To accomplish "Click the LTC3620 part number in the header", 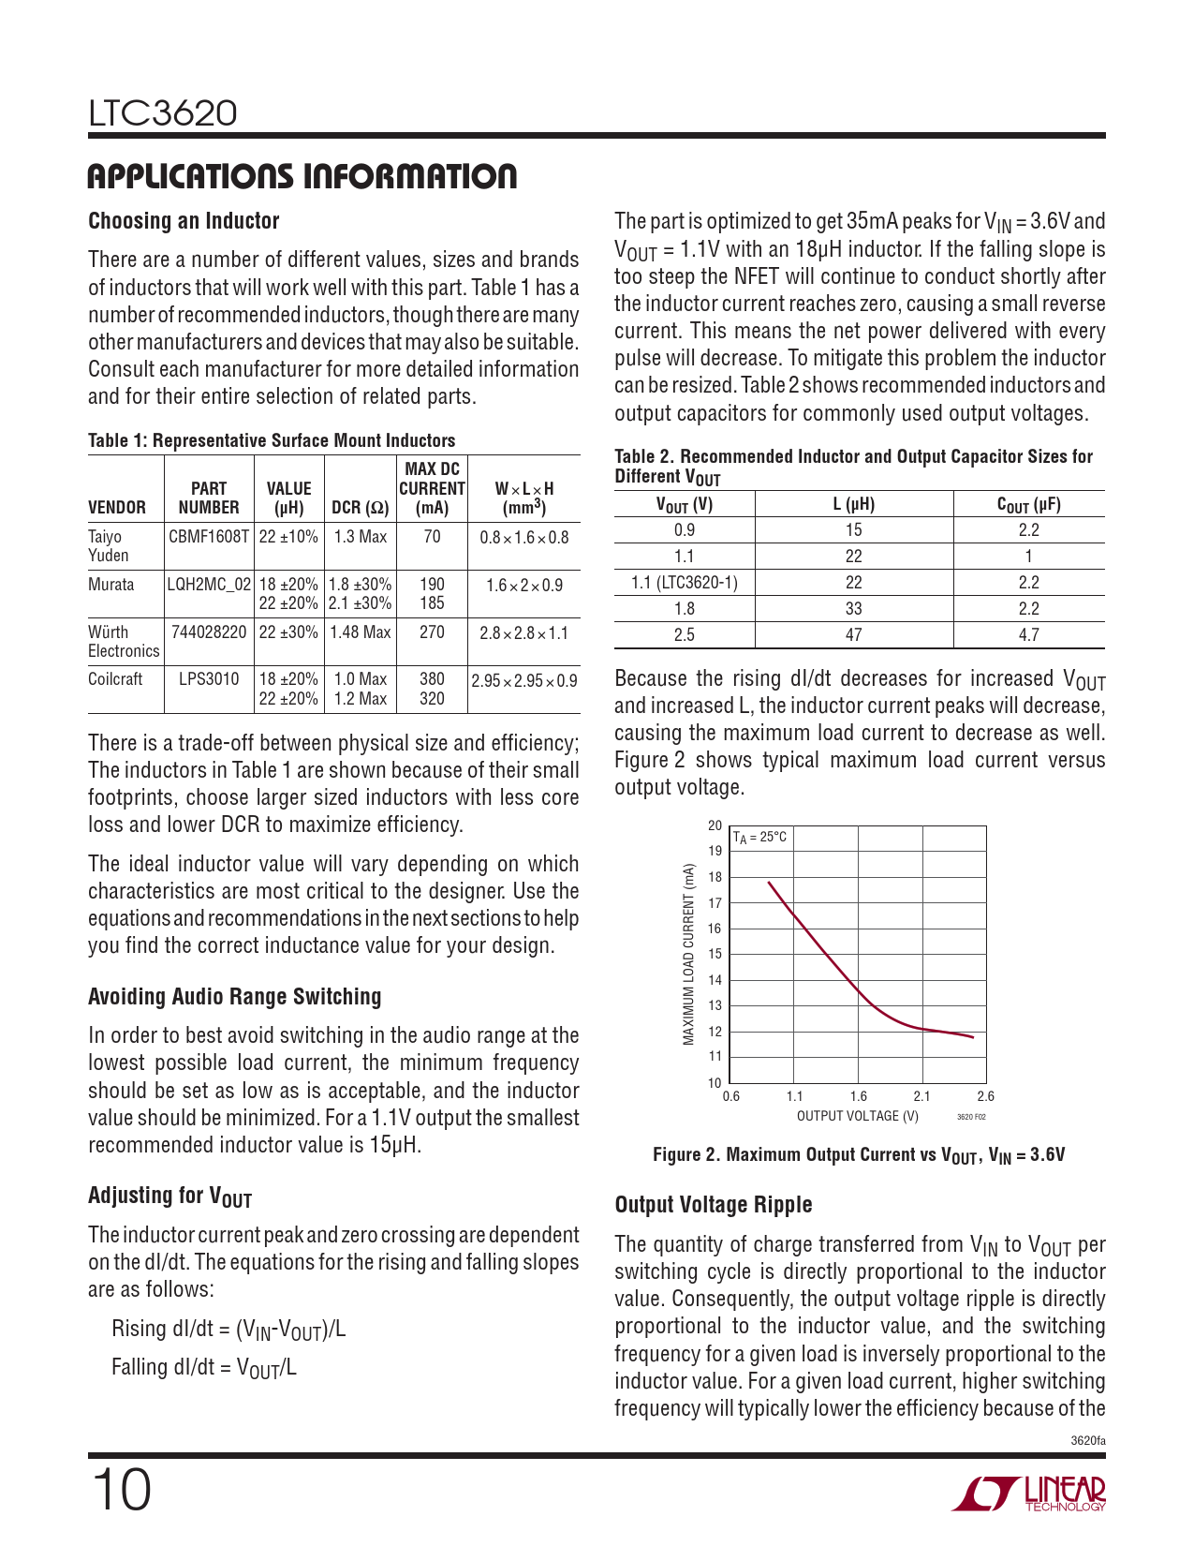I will (163, 113).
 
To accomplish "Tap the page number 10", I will (121, 1490).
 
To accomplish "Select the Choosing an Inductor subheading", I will (184, 221).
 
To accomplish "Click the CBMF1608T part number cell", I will (209, 537).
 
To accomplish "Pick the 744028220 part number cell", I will (209, 632).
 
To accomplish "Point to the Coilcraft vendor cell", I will (115, 679).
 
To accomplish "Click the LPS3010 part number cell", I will (209, 679).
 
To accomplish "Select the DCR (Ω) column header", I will (361, 508).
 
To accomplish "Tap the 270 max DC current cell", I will (432, 632).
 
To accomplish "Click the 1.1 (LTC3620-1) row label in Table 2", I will (685, 582).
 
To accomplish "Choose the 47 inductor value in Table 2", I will (853, 634).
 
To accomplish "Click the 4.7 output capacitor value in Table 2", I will (1028, 634).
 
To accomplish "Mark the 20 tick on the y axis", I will (715, 825).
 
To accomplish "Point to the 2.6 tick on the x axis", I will (985, 1095).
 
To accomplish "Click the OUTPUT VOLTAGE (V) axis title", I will (857, 1116).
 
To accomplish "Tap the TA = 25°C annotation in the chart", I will (759, 838).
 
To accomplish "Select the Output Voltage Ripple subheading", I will (714, 1205).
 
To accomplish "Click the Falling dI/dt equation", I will (204, 1367).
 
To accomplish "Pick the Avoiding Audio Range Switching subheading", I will (235, 997).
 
